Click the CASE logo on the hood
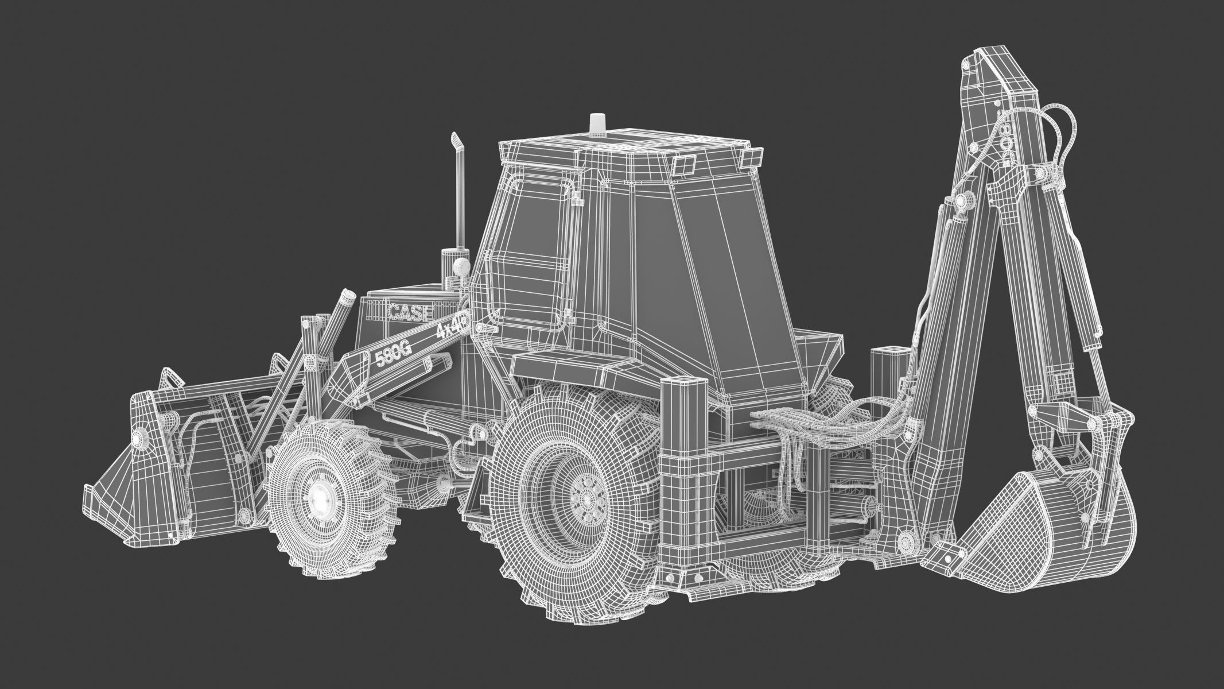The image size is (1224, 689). (409, 313)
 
